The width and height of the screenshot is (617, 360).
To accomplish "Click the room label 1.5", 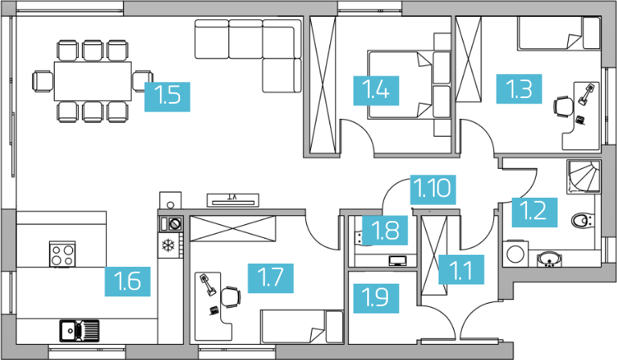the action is tap(167, 96).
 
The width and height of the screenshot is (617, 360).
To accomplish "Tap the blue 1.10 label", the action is tap(433, 190).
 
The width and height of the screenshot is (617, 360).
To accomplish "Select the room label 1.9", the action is tap(376, 298).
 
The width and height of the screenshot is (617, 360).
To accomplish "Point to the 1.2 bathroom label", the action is tap(534, 212).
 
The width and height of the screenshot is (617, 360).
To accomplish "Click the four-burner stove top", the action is tap(63, 254).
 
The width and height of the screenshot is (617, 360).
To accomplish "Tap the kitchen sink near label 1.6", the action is tap(80, 330).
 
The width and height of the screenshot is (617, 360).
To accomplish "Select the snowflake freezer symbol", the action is tap(169, 246).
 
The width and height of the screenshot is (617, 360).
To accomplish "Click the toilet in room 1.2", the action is tap(582, 221).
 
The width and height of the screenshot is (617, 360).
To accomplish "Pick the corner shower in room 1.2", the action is tap(583, 177).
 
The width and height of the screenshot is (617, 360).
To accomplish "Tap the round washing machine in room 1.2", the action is tap(515, 254).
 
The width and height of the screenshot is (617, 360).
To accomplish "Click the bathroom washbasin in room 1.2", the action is tap(550, 260).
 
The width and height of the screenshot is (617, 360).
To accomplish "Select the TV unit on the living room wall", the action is tap(233, 200).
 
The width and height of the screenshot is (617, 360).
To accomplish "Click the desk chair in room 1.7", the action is tap(231, 297).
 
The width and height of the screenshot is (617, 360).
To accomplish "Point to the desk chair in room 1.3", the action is tap(564, 107).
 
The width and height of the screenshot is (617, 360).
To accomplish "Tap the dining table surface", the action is tap(93, 81).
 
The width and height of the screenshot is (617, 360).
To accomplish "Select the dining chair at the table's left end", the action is tap(43, 81).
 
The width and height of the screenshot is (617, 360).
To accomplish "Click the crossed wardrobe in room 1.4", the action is tap(323, 84).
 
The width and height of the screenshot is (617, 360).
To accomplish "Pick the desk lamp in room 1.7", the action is tap(208, 284).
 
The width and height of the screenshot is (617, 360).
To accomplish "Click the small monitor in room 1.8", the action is tap(398, 261).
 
